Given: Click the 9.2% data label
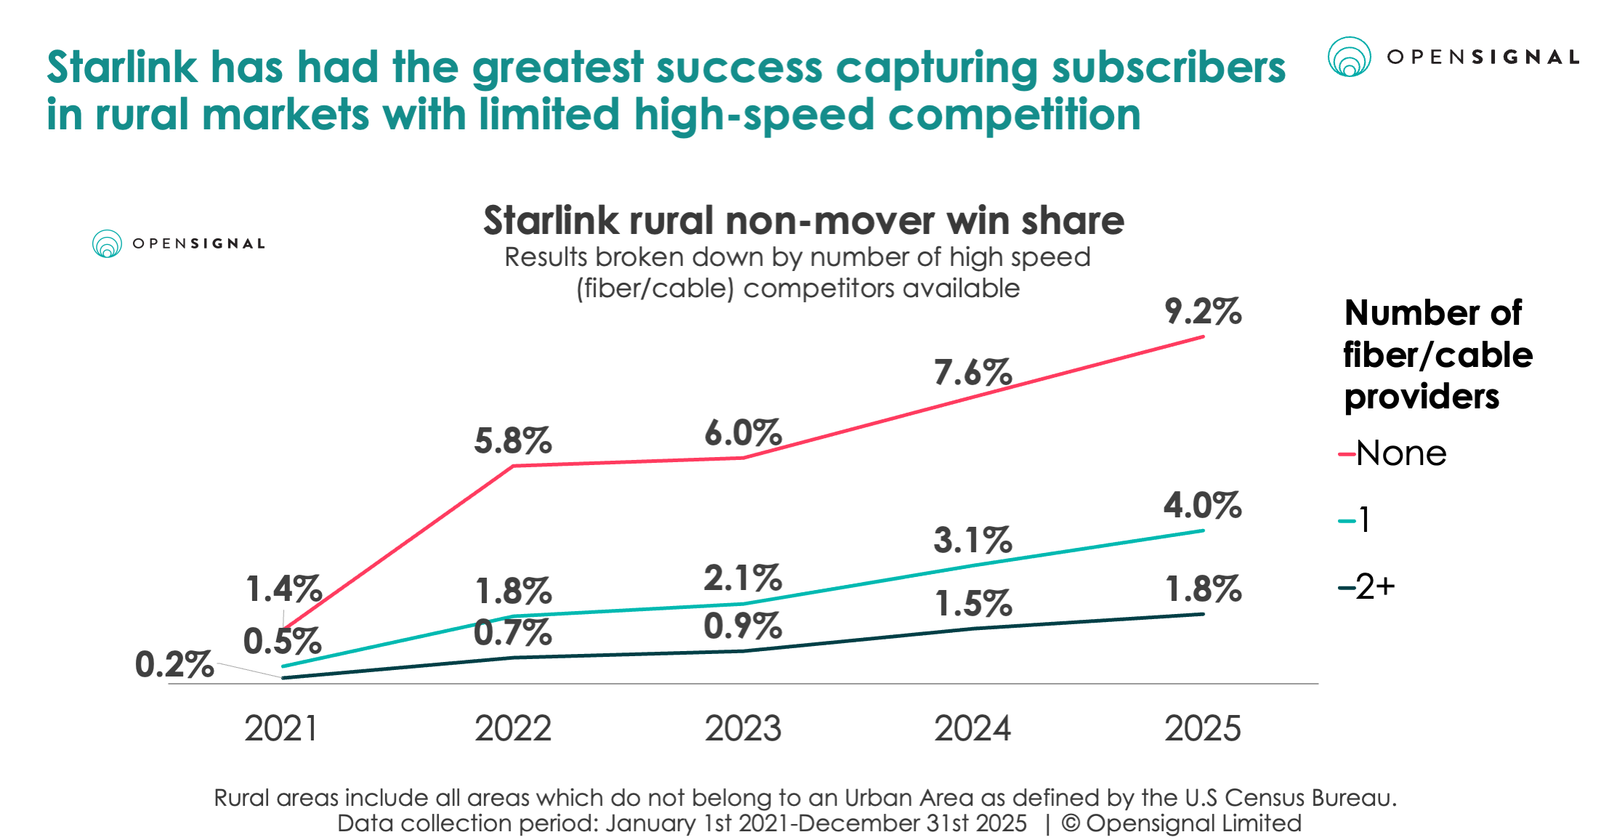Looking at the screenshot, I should tap(1203, 312).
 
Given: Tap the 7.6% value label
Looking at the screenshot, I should tap(972, 373).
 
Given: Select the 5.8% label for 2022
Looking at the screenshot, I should tap(513, 441).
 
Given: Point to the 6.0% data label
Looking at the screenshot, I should tap(743, 433).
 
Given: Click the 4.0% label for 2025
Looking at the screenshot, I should tap(1203, 505).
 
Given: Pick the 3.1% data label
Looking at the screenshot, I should tap(972, 540).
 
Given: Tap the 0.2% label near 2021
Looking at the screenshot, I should tap(174, 664).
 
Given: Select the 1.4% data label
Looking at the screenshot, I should tap(283, 589).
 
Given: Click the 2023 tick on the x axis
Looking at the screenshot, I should tap(743, 728).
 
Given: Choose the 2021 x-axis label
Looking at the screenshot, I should tap(282, 728).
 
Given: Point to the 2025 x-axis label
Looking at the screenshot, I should tap(1203, 728).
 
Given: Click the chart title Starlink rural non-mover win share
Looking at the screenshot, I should tap(803, 220).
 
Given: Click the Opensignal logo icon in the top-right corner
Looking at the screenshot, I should tap(1349, 57).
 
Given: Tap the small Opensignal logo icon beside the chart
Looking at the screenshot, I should tap(107, 243).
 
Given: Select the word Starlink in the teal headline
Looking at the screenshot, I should tap(121, 68).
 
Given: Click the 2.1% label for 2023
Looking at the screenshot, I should tap(743, 578).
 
